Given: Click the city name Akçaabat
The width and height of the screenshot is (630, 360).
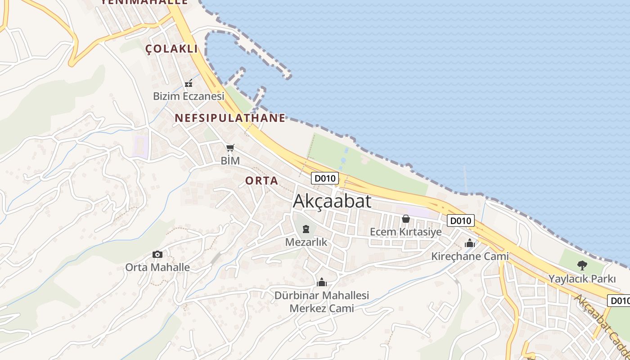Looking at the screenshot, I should pyautogui.click(x=332, y=201).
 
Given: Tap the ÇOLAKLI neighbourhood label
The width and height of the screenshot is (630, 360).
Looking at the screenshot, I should pyautogui.click(x=171, y=49).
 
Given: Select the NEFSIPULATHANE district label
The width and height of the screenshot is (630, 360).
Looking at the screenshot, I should pyautogui.click(x=230, y=118).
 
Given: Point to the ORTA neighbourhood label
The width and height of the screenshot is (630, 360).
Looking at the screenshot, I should pyautogui.click(x=261, y=180).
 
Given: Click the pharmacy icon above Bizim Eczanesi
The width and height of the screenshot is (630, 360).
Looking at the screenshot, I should pyautogui.click(x=189, y=83).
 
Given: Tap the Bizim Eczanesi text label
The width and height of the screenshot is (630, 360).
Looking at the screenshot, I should pyautogui.click(x=189, y=96).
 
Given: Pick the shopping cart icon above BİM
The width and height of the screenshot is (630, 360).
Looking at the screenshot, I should pyautogui.click(x=230, y=148).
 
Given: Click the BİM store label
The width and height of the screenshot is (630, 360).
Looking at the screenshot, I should pyautogui.click(x=230, y=160).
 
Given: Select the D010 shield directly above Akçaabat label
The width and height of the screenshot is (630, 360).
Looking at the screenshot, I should pyautogui.click(x=325, y=178).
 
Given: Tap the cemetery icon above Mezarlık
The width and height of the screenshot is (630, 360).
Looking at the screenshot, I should pyautogui.click(x=306, y=229).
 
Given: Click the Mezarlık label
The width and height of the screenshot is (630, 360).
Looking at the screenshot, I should pyautogui.click(x=306, y=242).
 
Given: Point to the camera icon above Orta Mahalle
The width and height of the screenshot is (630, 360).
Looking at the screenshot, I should pyautogui.click(x=157, y=254).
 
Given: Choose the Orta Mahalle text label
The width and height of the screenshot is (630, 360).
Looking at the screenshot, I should pyautogui.click(x=157, y=267).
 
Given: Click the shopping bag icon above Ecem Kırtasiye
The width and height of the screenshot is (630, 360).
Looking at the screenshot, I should pyautogui.click(x=405, y=219).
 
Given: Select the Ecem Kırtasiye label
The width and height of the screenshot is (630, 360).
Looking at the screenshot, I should pyautogui.click(x=405, y=232).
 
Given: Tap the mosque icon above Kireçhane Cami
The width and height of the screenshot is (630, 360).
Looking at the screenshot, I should pyautogui.click(x=470, y=243).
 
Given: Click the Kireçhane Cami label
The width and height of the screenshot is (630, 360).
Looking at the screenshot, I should pyautogui.click(x=470, y=256).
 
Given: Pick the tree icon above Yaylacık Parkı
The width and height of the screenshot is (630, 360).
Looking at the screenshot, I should pyautogui.click(x=582, y=265).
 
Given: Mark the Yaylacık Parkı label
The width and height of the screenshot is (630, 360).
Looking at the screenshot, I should pyautogui.click(x=582, y=279).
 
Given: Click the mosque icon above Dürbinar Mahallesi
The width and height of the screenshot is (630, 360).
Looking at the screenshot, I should pyautogui.click(x=322, y=282).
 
